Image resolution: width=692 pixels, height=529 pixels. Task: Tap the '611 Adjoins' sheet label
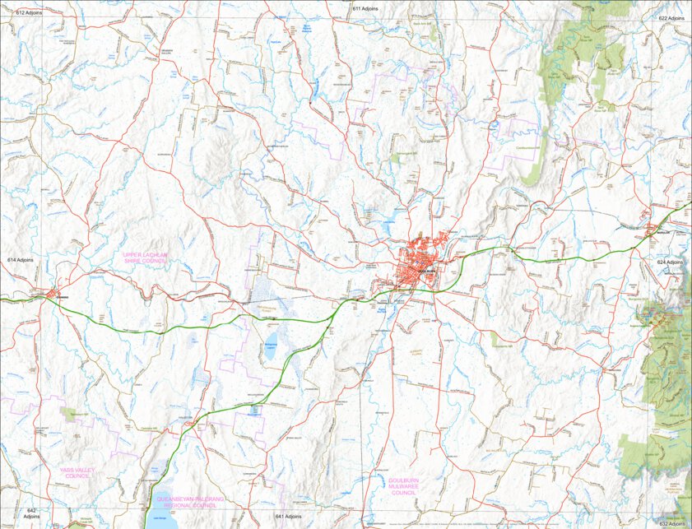tap(365, 8)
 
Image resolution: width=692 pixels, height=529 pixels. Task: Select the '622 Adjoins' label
tap(671, 17)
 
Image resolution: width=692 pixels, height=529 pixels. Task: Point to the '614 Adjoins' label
tap(21, 259)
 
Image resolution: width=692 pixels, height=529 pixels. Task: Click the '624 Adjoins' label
tap(671, 262)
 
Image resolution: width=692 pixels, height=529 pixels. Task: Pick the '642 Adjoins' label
tap(31, 513)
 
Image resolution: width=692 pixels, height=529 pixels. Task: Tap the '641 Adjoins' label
tap(289, 516)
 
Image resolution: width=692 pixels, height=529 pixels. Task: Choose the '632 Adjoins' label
tap(671, 522)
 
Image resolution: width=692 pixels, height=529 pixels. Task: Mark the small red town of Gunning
tap(50, 294)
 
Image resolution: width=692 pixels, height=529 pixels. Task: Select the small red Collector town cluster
tap(189, 425)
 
